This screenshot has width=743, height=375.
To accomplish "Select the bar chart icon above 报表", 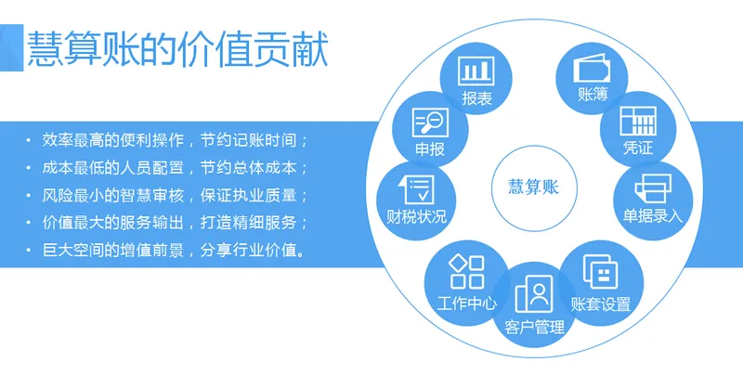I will [476, 71].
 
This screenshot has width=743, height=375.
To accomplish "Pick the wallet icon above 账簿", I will [593, 71].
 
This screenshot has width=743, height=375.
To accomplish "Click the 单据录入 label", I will [653, 216].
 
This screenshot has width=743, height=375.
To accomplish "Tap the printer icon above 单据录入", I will [653, 189].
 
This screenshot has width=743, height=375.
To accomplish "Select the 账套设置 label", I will [601, 304].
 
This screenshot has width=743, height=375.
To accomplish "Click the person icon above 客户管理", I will [534, 295].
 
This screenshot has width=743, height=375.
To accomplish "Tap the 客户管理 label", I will [534, 327].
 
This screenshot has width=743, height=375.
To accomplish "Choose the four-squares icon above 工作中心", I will [466, 272].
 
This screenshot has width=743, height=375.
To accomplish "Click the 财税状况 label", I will [416, 217].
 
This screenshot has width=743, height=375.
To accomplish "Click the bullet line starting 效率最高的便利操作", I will [174, 141].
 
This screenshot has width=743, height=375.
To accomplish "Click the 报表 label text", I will [476, 97].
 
